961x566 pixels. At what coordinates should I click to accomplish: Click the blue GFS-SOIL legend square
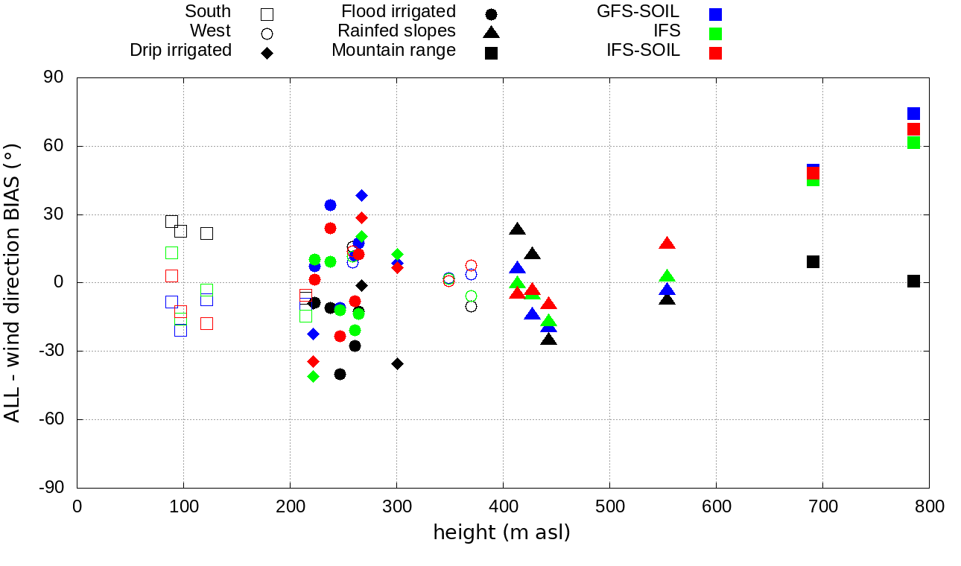coord(716,14)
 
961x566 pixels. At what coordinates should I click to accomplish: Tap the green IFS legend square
coord(716,34)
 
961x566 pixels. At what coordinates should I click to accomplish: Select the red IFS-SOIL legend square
coord(716,53)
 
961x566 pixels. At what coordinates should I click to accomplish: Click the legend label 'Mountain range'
coord(393,51)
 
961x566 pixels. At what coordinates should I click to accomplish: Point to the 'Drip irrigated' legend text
coord(180,51)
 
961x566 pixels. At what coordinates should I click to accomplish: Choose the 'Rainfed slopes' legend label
coord(396,31)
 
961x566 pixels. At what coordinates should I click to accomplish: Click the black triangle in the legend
coord(491,32)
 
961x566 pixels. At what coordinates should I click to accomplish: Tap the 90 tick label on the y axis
coord(54,78)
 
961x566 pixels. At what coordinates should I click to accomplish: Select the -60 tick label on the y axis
coord(51,419)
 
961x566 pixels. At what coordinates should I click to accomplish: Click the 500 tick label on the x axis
coord(609,507)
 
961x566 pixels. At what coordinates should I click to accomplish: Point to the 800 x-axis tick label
coord(929,507)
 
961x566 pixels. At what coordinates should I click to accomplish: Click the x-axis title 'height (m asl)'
coord(501,533)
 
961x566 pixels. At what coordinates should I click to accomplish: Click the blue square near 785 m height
coord(913,114)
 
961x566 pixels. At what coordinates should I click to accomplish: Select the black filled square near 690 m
coord(813,261)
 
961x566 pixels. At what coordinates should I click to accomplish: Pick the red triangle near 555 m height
coord(667,244)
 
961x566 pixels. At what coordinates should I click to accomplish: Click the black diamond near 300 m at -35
coord(397,363)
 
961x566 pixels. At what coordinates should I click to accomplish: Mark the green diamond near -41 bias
coord(313,376)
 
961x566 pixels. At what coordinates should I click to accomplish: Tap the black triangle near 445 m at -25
coord(549,340)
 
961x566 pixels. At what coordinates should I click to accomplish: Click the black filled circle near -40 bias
coord(340,374)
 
